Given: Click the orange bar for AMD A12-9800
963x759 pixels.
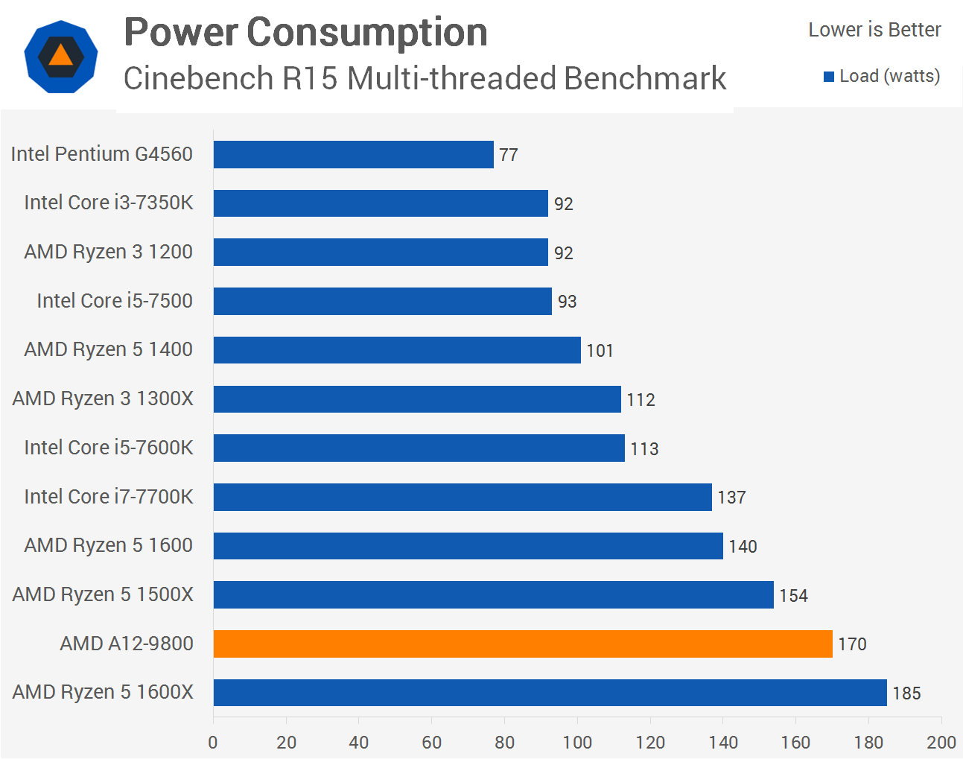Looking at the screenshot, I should pos(523,644).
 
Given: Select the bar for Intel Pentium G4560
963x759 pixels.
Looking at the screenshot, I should pos(353,154).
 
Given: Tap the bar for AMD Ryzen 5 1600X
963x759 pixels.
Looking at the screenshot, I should pos(550,692).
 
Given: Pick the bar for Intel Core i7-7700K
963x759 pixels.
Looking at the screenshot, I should pos(463,497).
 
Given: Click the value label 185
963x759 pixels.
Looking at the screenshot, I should pos(906,693).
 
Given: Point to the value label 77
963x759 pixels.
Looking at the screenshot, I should pos(509,155).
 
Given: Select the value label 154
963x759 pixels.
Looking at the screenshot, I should pos(793,596).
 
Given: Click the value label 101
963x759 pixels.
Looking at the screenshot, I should pos(600,351).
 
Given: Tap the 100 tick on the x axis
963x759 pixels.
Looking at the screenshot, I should pos(577,743).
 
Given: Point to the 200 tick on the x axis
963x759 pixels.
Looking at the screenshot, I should pos(941,743).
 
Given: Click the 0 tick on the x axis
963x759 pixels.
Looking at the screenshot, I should pos(213,743).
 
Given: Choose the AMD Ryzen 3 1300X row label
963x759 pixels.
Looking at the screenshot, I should pos(103,398).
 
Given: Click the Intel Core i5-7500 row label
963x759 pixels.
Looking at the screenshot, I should pos(115,301).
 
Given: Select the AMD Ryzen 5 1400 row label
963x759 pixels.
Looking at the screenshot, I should pos(109,349).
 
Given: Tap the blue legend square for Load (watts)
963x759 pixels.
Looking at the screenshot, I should pos(829,77).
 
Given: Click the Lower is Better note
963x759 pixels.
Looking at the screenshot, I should pos(874,30).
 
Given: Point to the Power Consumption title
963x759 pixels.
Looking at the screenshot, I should pos(305,33).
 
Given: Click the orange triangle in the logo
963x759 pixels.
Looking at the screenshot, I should pos(60,56).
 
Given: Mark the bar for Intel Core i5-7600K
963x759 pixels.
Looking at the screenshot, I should pos(419,448).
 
